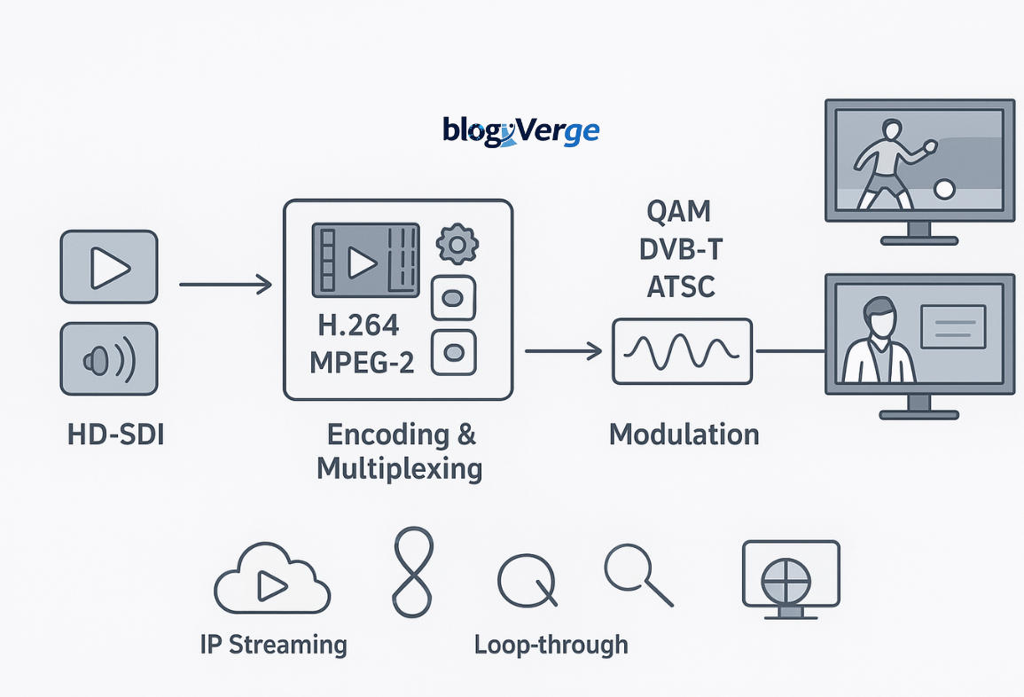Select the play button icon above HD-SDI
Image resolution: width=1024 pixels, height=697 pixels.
pyautogui.click(x=109, y=267)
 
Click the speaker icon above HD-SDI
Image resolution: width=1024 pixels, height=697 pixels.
pyautogui.click(x=109, y=359)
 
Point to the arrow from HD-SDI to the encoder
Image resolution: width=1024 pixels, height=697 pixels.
pyautogui.click(x=225, y=285)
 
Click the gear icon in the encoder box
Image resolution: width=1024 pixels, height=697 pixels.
pyautogui.click(x=457, y=243)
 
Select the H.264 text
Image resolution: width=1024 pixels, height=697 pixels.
pyautogui.click(x=359, y=326)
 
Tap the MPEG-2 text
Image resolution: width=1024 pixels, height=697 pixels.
pyautogui.click(x=362, y=363)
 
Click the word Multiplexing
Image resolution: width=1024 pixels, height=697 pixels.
pyautogui.click(x=399, y=468)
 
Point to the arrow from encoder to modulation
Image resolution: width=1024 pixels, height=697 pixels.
pyautogui.click(x=563, y=352)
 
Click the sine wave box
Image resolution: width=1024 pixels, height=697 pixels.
pyautogui.click(x=682, y=352)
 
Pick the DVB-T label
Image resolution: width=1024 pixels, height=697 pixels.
pyautogui.click(x=681, y=250)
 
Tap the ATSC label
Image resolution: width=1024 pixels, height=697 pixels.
pyautogui.click(x=681, y=286)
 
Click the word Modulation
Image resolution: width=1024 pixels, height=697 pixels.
pyautogui.click(x=684, y=435)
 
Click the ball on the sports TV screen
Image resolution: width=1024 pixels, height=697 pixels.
pyautogui.click(x=945, y=189)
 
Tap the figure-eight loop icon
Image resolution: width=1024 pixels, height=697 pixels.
pyautogui.click(x=412, y=571)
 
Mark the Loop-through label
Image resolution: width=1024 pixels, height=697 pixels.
pyautogui.click(x=551, y=644)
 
